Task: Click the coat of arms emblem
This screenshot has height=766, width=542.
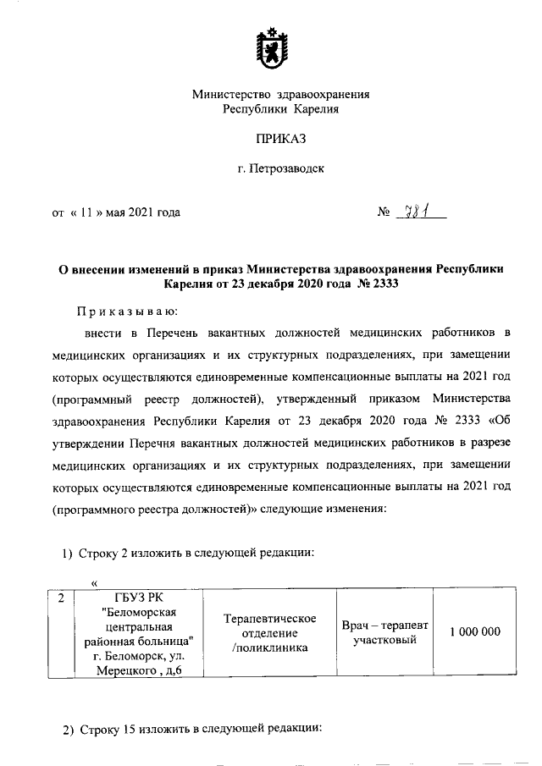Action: pyautogui.click(x=270, y=51)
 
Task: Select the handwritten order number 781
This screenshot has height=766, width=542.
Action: pyautogui.click(x=418, y=212)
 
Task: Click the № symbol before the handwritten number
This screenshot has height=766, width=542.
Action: pyautogui.click(x=383, y=213)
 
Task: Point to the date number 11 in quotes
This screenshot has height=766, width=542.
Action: pyautogui.click(x=86, y=213)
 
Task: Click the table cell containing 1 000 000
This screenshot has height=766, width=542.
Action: pyautogui.click(x=475, y=632)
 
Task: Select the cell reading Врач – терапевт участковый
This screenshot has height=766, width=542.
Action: pyautogui.click(x=384, y=632)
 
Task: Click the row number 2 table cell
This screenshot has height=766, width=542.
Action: pyautogui.click(x=60, y=598)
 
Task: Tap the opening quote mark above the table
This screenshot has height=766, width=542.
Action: pyautogui.click(x=95, y=582)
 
